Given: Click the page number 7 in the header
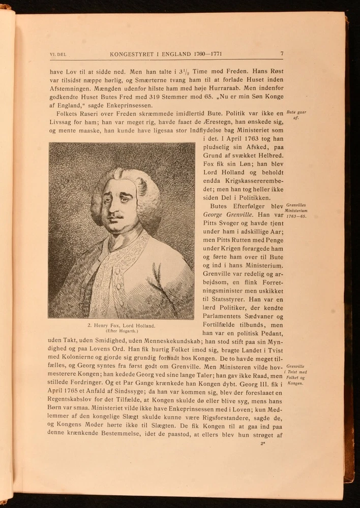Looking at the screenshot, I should pos(282,53).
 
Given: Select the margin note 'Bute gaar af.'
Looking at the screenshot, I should pos(296,115).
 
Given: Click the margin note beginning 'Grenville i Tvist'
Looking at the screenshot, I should pos(295,374).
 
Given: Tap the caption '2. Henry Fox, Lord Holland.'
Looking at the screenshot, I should pos(121,325).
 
